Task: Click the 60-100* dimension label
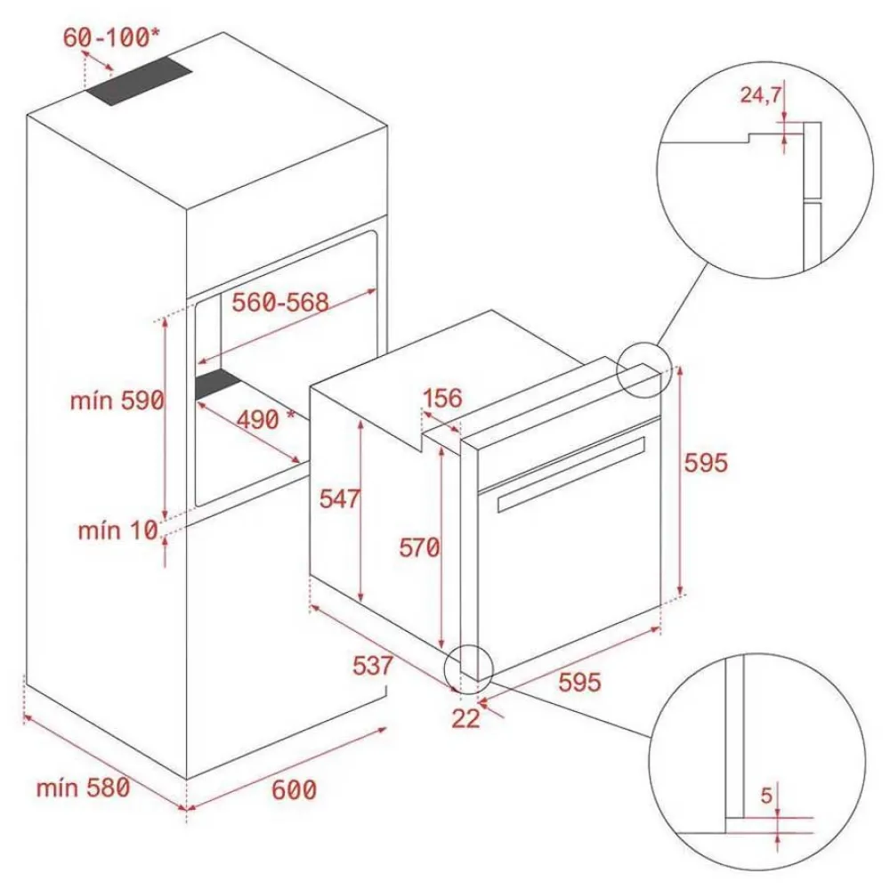[111, 37]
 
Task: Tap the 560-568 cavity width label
[279, 302]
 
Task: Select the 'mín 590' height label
[117, 400]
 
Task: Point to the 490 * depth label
[265, 419]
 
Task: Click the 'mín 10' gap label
[117, 530]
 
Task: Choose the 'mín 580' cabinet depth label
[84, 788]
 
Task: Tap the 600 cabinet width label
[294, 789]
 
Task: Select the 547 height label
[339, 499]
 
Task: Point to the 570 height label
[419, 547]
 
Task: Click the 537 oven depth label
[372, 666]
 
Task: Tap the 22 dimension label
[466, 718]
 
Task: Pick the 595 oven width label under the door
[579, 682]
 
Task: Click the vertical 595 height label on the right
[706, 463]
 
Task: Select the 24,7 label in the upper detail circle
[761, 95]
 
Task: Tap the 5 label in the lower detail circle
[766, 796]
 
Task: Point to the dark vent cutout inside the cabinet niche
[218, 384]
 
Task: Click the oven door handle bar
[571, 474]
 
